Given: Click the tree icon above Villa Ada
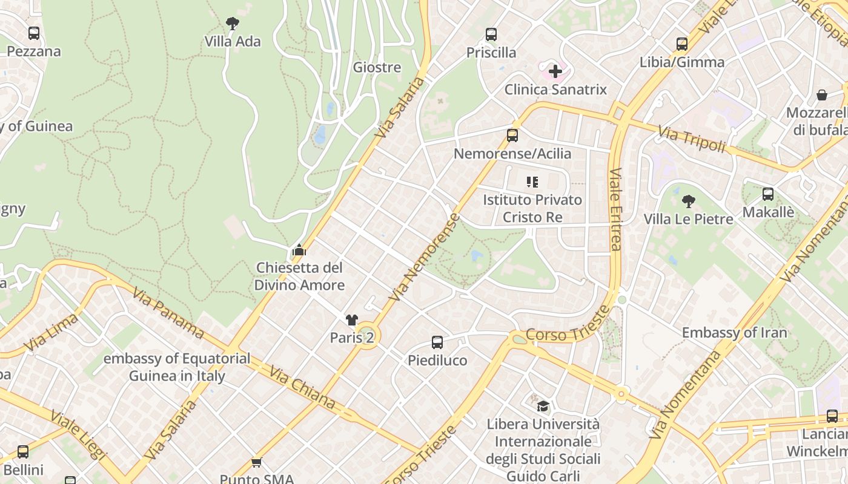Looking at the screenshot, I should tap(232, 24).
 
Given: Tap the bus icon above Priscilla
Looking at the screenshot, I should tap(491, 34).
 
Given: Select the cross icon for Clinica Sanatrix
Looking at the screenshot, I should tap(555, 72).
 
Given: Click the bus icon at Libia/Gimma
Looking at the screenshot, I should tap(682, 44).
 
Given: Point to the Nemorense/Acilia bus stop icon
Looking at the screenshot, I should tap(512, 136).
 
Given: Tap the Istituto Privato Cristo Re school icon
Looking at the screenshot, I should tap(532, 181).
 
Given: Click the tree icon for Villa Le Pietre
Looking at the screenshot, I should tap(688, 201).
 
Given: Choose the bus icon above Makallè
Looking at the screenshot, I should tap(768, 194).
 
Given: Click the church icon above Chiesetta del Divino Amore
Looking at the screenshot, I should tap(299, 250).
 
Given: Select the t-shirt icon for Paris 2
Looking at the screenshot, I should tap(352, 320).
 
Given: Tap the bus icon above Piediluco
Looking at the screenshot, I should tap(437, 342).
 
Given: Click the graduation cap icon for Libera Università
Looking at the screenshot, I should tap(543, 406).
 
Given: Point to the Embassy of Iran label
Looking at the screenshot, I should tap(734, 333).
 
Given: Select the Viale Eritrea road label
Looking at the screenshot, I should tap(616, 209).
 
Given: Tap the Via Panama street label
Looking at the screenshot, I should tap(168, 312).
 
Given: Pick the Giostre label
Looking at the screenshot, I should tap(377, 67).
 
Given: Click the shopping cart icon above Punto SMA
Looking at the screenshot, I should tap(256, 463).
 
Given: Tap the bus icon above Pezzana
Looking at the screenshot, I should tap(34, 33).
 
